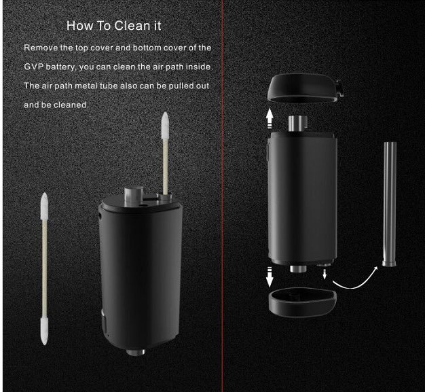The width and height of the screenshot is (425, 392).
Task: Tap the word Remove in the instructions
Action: (42, 48)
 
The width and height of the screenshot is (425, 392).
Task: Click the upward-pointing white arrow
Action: (270, 119)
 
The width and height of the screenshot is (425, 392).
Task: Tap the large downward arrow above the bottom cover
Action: (270, 277)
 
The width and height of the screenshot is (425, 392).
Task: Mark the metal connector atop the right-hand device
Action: (296, 122)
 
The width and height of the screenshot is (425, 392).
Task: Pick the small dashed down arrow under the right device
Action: (325, 272)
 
